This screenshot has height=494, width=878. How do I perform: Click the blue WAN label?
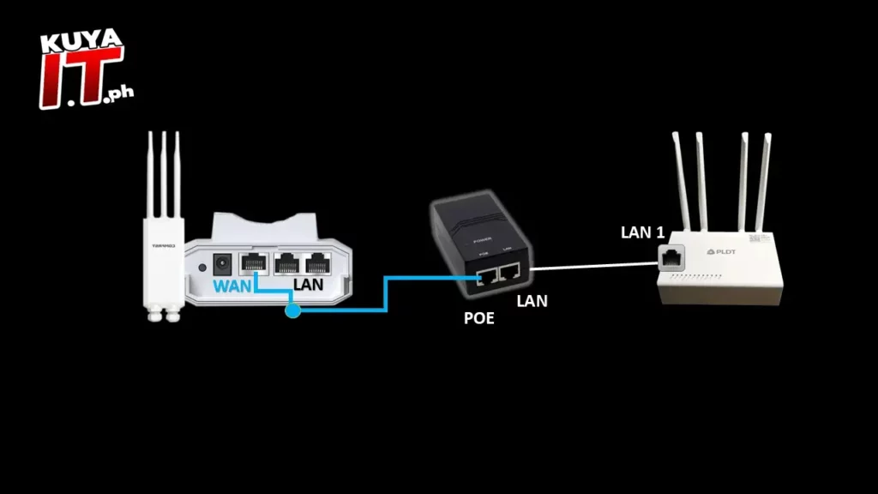[x=232, y=285]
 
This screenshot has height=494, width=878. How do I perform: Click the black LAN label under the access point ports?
[x=309, y=284]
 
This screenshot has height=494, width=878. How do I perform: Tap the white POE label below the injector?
[x=479, y=317]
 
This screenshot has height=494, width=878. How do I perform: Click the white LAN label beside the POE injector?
[x=532, y=300]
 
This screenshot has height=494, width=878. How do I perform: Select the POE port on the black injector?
[x=484, y=274]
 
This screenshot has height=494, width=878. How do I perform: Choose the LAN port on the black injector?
[x=510, y=273]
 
